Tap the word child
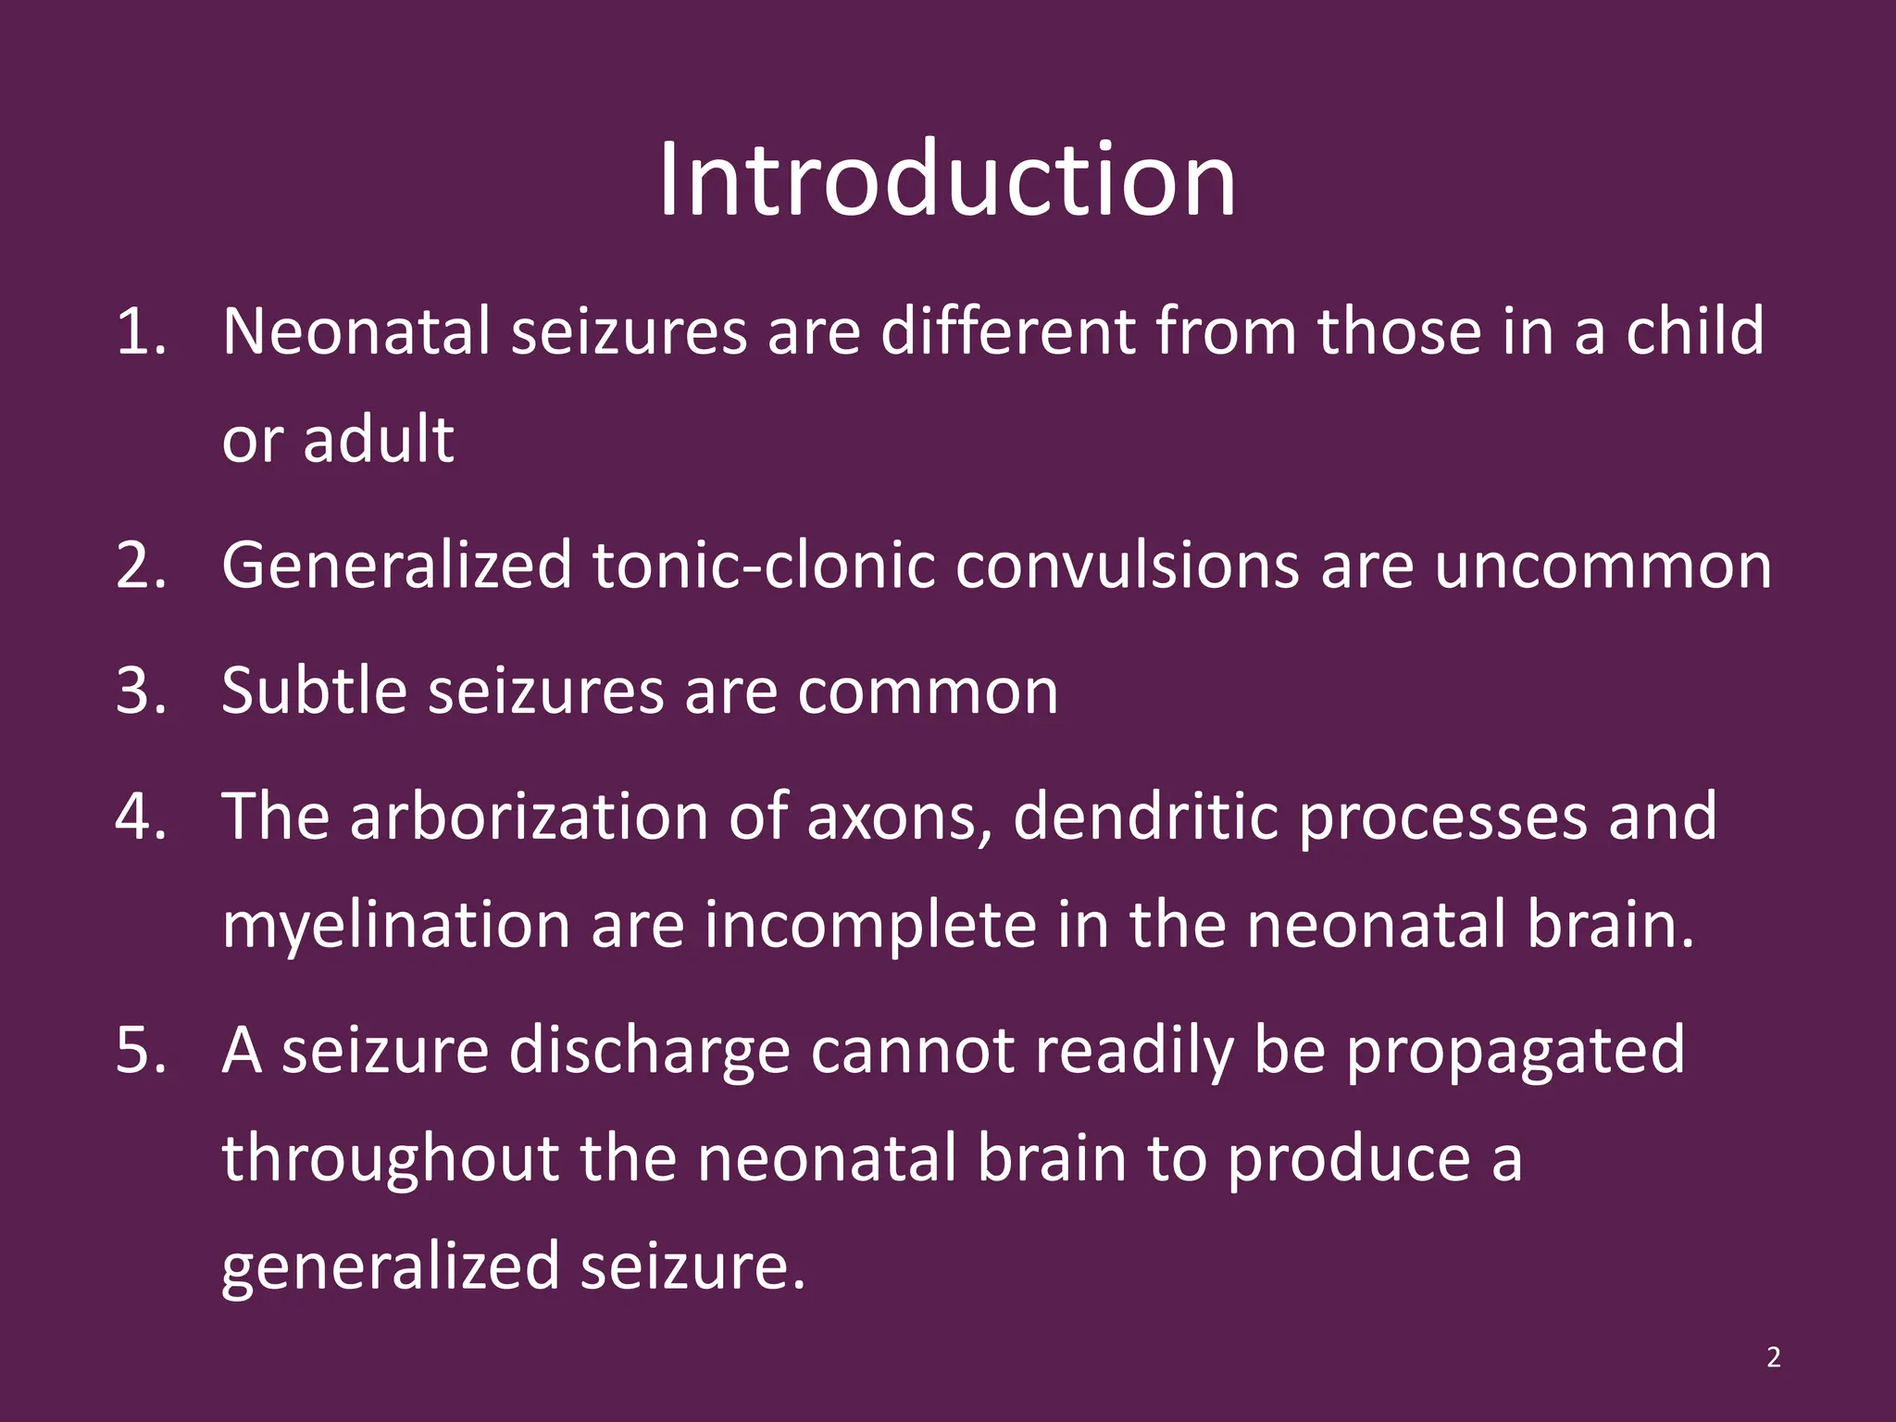(1695, 331)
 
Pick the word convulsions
(1128, 565)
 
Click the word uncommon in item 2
(1603, 565)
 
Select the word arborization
(529, 817)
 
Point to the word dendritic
(1145, 817)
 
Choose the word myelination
(396, 926)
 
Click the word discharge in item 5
(649, 1051)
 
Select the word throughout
(390, 1159)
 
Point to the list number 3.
(141, 691)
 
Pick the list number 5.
(141, 1051)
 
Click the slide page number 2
(1773, 1357)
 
